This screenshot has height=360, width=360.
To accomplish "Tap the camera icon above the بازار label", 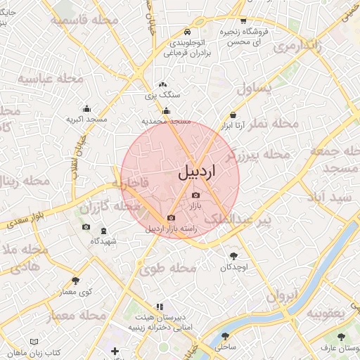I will tap(195, 195).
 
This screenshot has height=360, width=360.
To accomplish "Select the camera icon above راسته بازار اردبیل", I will tap(172, 218).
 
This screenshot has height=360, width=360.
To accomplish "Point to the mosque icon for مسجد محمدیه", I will tap(167, 110).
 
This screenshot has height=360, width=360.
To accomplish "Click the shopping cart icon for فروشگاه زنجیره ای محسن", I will tap(243, 21).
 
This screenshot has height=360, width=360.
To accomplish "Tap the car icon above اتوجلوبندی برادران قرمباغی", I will tap(187, 32).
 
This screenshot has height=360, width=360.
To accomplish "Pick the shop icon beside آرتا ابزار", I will tap(232, 115).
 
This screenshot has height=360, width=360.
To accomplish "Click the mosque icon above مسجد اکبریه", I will tap(86, 109).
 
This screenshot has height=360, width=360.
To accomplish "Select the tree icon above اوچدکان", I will tap(233, 256).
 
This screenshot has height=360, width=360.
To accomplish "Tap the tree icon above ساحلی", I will tap(225, 336).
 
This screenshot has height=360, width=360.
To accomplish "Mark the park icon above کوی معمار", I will tap(76, 281).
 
